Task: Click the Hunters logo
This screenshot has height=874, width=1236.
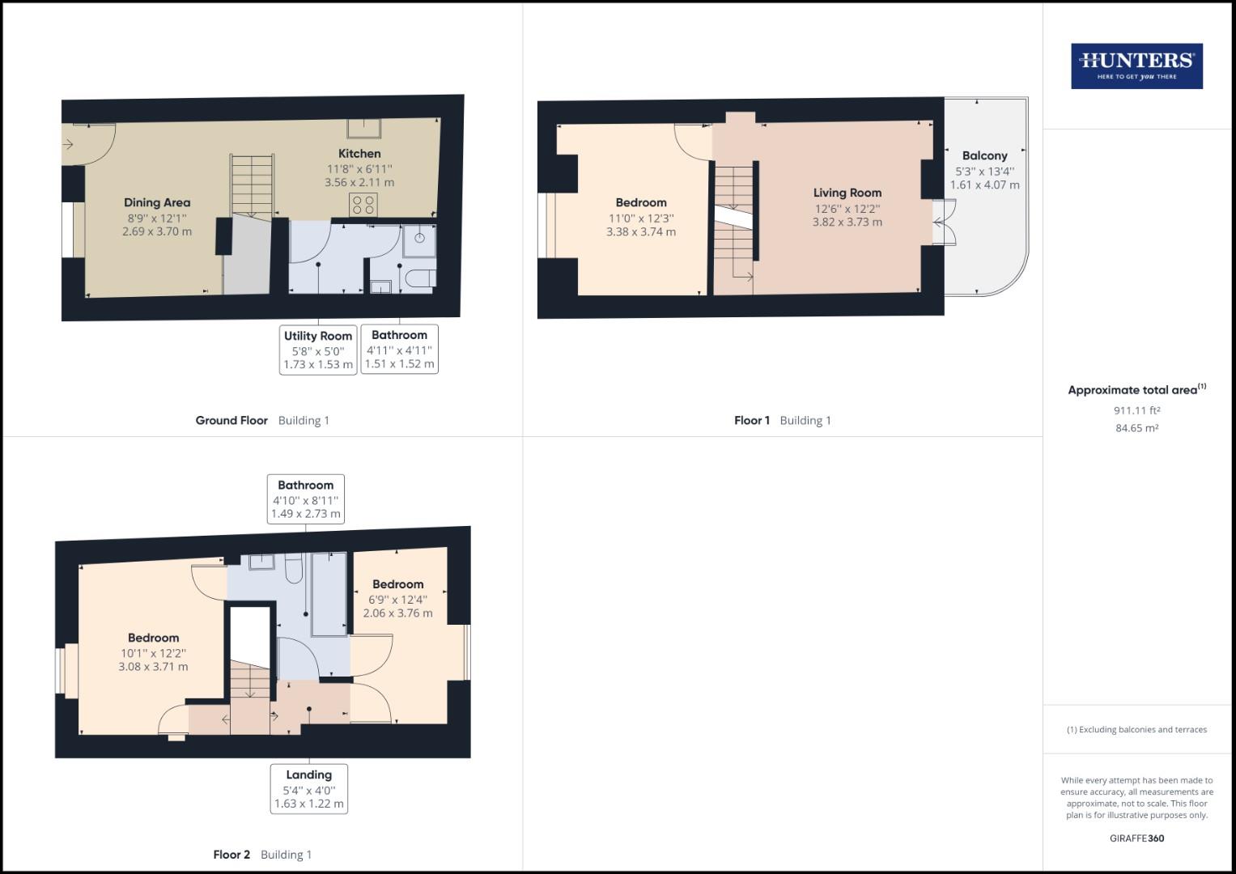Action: click(x=1136, y=66)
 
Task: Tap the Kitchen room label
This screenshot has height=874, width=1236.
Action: click(x=359, y=154)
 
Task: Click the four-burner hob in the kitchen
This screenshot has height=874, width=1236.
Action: click(x=363, y=206)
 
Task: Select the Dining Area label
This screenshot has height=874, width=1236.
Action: click(x=157, y=203)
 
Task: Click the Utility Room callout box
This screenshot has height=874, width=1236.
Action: click(x=318, y=350)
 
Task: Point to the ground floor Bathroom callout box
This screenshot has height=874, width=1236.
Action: click(x=399, y=349)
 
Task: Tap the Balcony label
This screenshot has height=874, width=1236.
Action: click(x=984, y=156)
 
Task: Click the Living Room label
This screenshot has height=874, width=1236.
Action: click(x=847, y=193)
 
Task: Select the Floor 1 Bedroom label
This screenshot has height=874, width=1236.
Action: click(x=641, y=203)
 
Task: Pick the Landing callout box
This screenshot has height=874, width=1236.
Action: click(x=308, y=788)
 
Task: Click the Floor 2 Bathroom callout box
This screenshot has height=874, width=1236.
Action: click(x=305, y=499)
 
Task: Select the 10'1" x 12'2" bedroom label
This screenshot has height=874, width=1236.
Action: click(x=153, y=639)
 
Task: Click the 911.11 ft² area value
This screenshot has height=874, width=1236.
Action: click(x=1136, y=410)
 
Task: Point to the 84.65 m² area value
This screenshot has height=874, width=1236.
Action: click(x=1136, y=428)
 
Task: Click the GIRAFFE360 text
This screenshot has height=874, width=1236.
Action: click(x=1136, y=838)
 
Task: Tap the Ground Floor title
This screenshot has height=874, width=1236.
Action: click(x=231, y=421)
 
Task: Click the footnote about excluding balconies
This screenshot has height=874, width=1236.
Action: click(x=1136, y=729)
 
